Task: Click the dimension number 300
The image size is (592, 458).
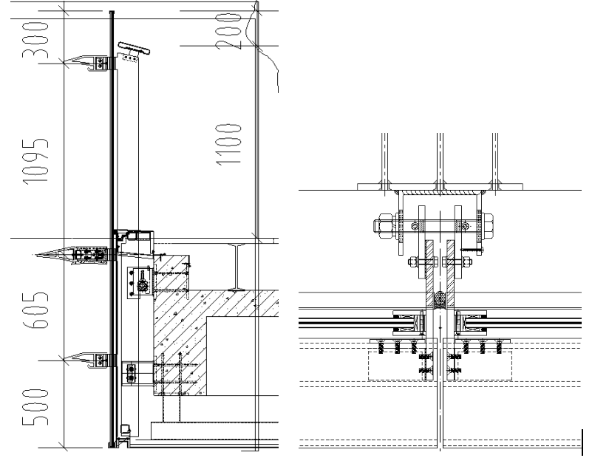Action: tap(35, 40)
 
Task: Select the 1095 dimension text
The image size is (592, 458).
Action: tap(35, 162)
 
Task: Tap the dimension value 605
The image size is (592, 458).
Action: tap(35, 310)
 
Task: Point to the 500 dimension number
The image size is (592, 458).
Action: tap(35, 407)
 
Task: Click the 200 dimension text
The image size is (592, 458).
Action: tap(228, 31)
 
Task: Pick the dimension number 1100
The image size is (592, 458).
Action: tap(228, 144)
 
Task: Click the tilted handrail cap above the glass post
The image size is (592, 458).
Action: tap(134, 48)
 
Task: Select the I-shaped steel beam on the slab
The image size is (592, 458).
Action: tap(237, 267)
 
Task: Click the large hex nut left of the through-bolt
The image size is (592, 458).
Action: tap(385, 226)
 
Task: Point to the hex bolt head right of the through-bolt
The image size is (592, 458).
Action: tap(487, 226)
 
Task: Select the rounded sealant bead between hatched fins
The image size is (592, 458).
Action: tap(440, 299)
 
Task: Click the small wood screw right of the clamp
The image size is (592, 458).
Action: tap(472, 250)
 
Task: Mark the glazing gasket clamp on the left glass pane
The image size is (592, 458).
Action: tap(409, 323)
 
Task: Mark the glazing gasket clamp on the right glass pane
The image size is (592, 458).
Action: tap(472, 323)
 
